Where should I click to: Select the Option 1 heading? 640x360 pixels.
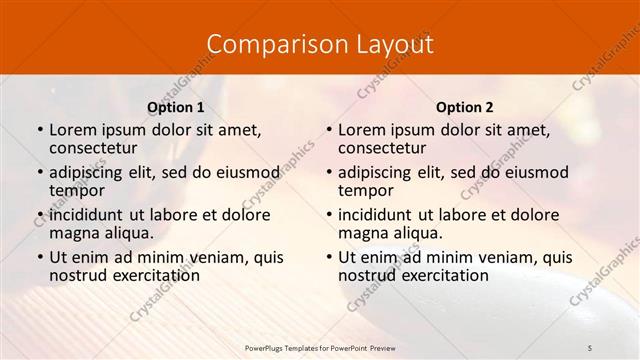tap(176, 107)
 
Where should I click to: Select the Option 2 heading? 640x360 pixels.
tap(465, 107)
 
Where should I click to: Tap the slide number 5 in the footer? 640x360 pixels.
tap(590, 346)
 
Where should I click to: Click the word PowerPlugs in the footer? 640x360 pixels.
tap(267, 346)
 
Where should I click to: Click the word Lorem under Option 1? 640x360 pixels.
tap(72, 129)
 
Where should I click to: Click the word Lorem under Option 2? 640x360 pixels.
tap(361, 129)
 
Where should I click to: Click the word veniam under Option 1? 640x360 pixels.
tap(216, 257)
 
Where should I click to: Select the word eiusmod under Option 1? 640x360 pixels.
tap(248, 172)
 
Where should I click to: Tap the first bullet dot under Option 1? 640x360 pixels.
tap(39, 130)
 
